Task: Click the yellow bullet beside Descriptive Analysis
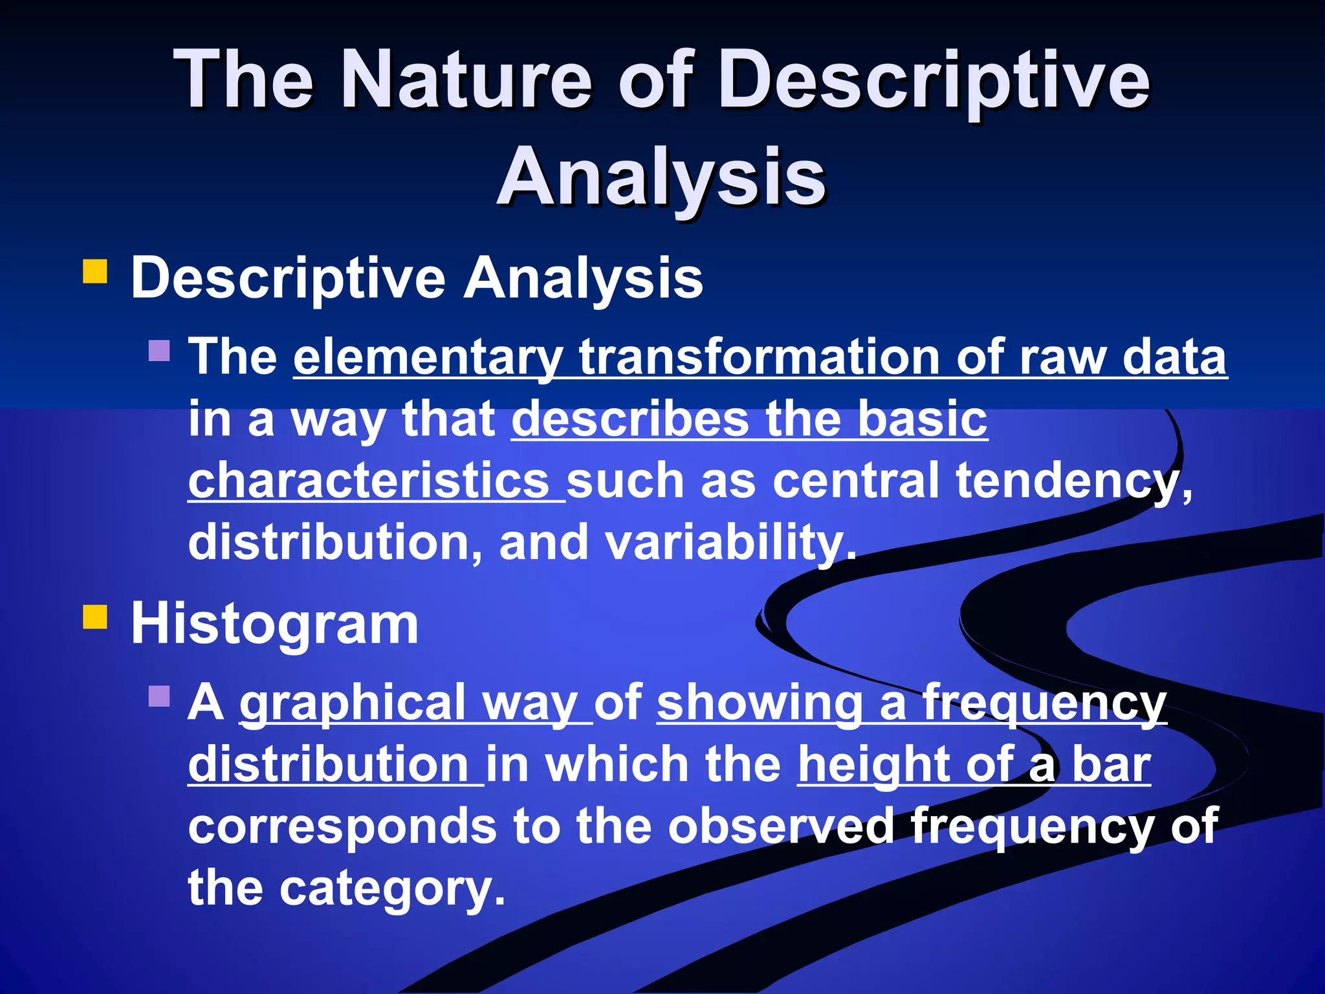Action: coord(95,272)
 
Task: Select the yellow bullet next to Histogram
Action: coord(95,617)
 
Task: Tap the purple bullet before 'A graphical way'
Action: coord(159,696)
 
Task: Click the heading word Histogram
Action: coord(274,624)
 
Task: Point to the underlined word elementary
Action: coord(428,358)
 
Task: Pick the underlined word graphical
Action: coord(353,703)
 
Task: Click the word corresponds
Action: coord(342,826)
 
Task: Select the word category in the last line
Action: coord(391,888)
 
